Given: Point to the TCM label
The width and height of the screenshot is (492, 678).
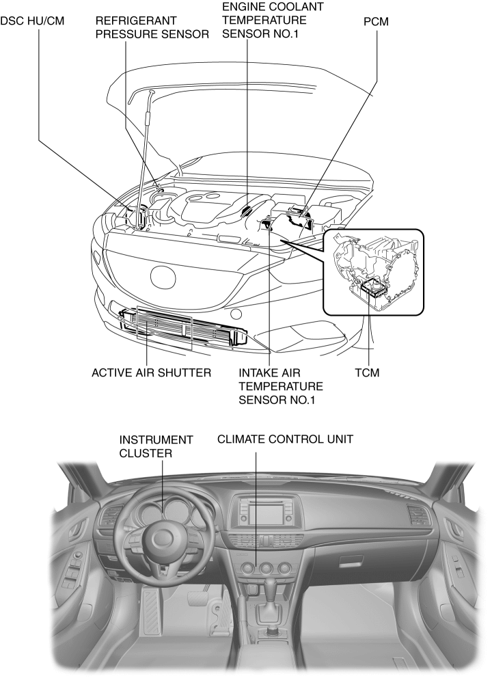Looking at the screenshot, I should click(368, 374).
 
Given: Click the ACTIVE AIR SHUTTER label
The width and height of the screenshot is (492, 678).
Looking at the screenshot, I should click(151, 374).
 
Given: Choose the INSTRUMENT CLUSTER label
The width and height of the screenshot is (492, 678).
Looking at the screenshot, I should click(156, 446).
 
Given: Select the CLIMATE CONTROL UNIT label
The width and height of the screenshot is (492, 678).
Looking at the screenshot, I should click(285, 439).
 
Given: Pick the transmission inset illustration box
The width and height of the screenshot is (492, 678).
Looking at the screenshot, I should click(373, 271).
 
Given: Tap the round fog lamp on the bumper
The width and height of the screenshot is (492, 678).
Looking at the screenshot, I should click(235, 314).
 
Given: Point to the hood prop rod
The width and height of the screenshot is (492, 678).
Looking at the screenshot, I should click(145, 150).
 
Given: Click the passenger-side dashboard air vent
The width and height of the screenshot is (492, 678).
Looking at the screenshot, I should click(416, 515).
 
